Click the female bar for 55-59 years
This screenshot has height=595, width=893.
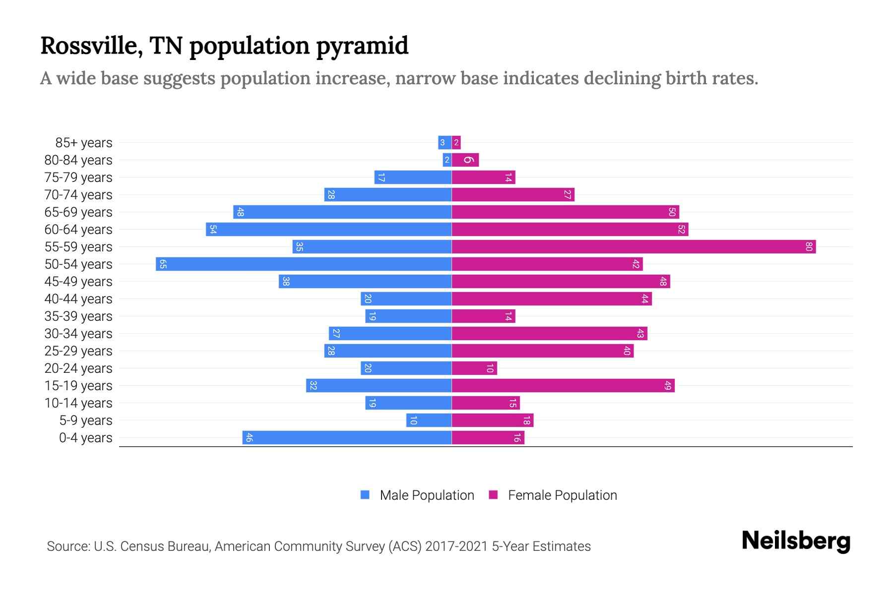click(634, 246)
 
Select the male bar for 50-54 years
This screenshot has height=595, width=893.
click(304, 264)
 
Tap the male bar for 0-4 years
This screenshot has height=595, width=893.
click(347, 437)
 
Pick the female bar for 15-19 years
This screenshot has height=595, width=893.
click(563, 385)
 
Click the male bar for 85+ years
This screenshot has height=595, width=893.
click(445, 142)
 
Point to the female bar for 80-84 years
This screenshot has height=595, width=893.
click(465, 160)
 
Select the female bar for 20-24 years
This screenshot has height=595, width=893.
click(474, 368)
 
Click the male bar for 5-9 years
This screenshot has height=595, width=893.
click(429, 420)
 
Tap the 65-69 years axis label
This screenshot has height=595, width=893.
click(78, 212)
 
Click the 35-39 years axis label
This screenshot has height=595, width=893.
click(78, 316)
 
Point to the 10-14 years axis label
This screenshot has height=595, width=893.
click(78, 403)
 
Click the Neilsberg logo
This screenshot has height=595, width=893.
click(796, 540)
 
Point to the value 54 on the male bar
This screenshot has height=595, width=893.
click(213, 229)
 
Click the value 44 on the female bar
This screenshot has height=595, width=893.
click(644, 298)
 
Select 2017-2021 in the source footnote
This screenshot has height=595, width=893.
click(456, 546)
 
